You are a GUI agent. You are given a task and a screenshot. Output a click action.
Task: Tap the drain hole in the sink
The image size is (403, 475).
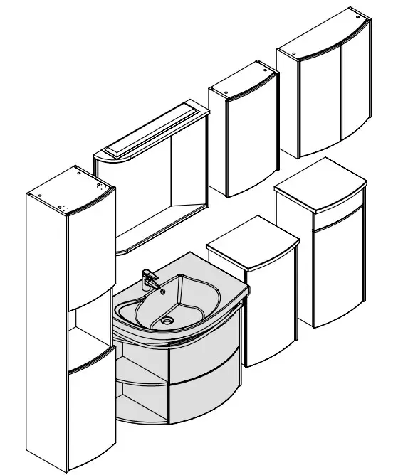point(167,321)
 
